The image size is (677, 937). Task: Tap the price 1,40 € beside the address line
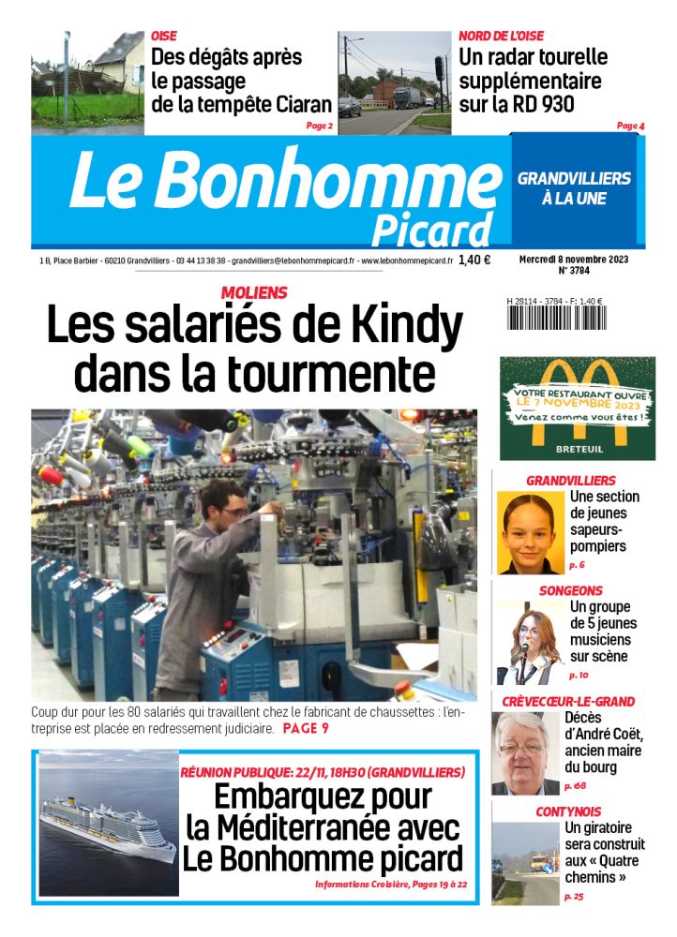click(x=474, y=260)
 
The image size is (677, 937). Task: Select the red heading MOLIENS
click(x=254, y=293)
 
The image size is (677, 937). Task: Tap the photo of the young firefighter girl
click(x=530, y=533)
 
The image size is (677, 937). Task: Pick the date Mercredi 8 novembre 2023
click(x=574, y=259)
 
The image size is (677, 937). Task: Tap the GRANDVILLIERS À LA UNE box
click(x=574, y=188)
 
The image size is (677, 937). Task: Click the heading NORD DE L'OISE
click(x=501, y=36)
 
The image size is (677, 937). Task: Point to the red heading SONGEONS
click(x=570, y=591)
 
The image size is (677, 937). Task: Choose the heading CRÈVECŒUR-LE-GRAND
click(x=568, y=701)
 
